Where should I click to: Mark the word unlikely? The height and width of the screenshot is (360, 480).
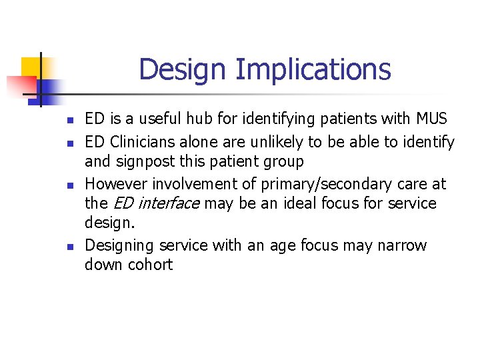[283, 142]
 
